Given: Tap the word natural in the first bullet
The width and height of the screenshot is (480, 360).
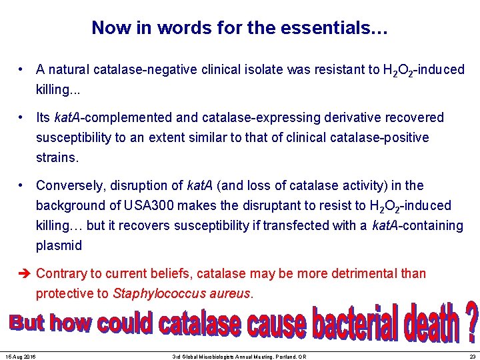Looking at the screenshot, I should coord(69,70).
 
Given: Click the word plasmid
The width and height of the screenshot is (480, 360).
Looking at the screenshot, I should coord(59,245).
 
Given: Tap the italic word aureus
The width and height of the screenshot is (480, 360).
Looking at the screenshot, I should coord(228,293).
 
